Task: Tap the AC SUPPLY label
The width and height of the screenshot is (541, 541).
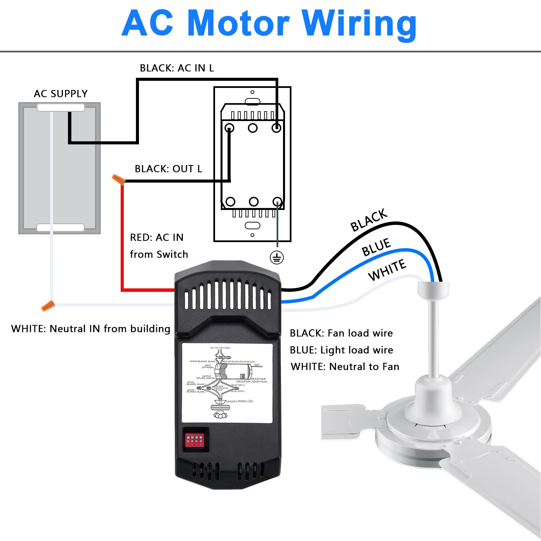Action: [x=61, y=94]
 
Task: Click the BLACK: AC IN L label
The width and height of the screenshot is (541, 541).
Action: [x=177, y=68]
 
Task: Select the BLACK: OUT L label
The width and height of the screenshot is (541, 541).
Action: [x=168, y=169]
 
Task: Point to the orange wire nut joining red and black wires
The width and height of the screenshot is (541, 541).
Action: [x=118, y=179]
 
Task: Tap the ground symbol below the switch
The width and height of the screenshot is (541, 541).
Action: [x=277, y=258]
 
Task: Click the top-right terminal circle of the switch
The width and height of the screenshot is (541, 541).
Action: [x=276, y=128]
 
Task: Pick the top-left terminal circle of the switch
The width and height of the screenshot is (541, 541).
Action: [x=230, y=128]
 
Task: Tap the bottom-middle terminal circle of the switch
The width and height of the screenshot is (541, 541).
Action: [x=254, y=202]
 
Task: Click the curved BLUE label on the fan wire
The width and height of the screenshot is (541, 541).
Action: [x=376, y=247]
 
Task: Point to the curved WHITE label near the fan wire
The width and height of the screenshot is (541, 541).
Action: [x=387, y=270]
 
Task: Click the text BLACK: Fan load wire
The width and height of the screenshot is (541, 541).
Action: [x=341, y=333]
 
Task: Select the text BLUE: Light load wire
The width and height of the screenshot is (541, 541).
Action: [x=341, y=350]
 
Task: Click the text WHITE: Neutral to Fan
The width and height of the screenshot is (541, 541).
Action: [x=345, y=367]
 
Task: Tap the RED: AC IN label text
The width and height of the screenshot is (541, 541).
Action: [x=157, y=237]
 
